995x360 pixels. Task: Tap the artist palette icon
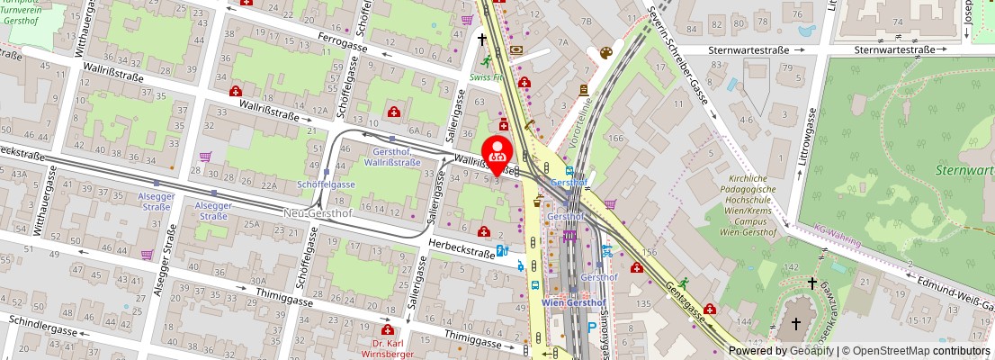pyautogui.click(x=605, y=53)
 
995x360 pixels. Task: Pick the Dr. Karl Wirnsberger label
pyautogui.click(x=389, y=348)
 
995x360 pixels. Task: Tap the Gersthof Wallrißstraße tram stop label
pyautogui.click(x=391, y=157)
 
